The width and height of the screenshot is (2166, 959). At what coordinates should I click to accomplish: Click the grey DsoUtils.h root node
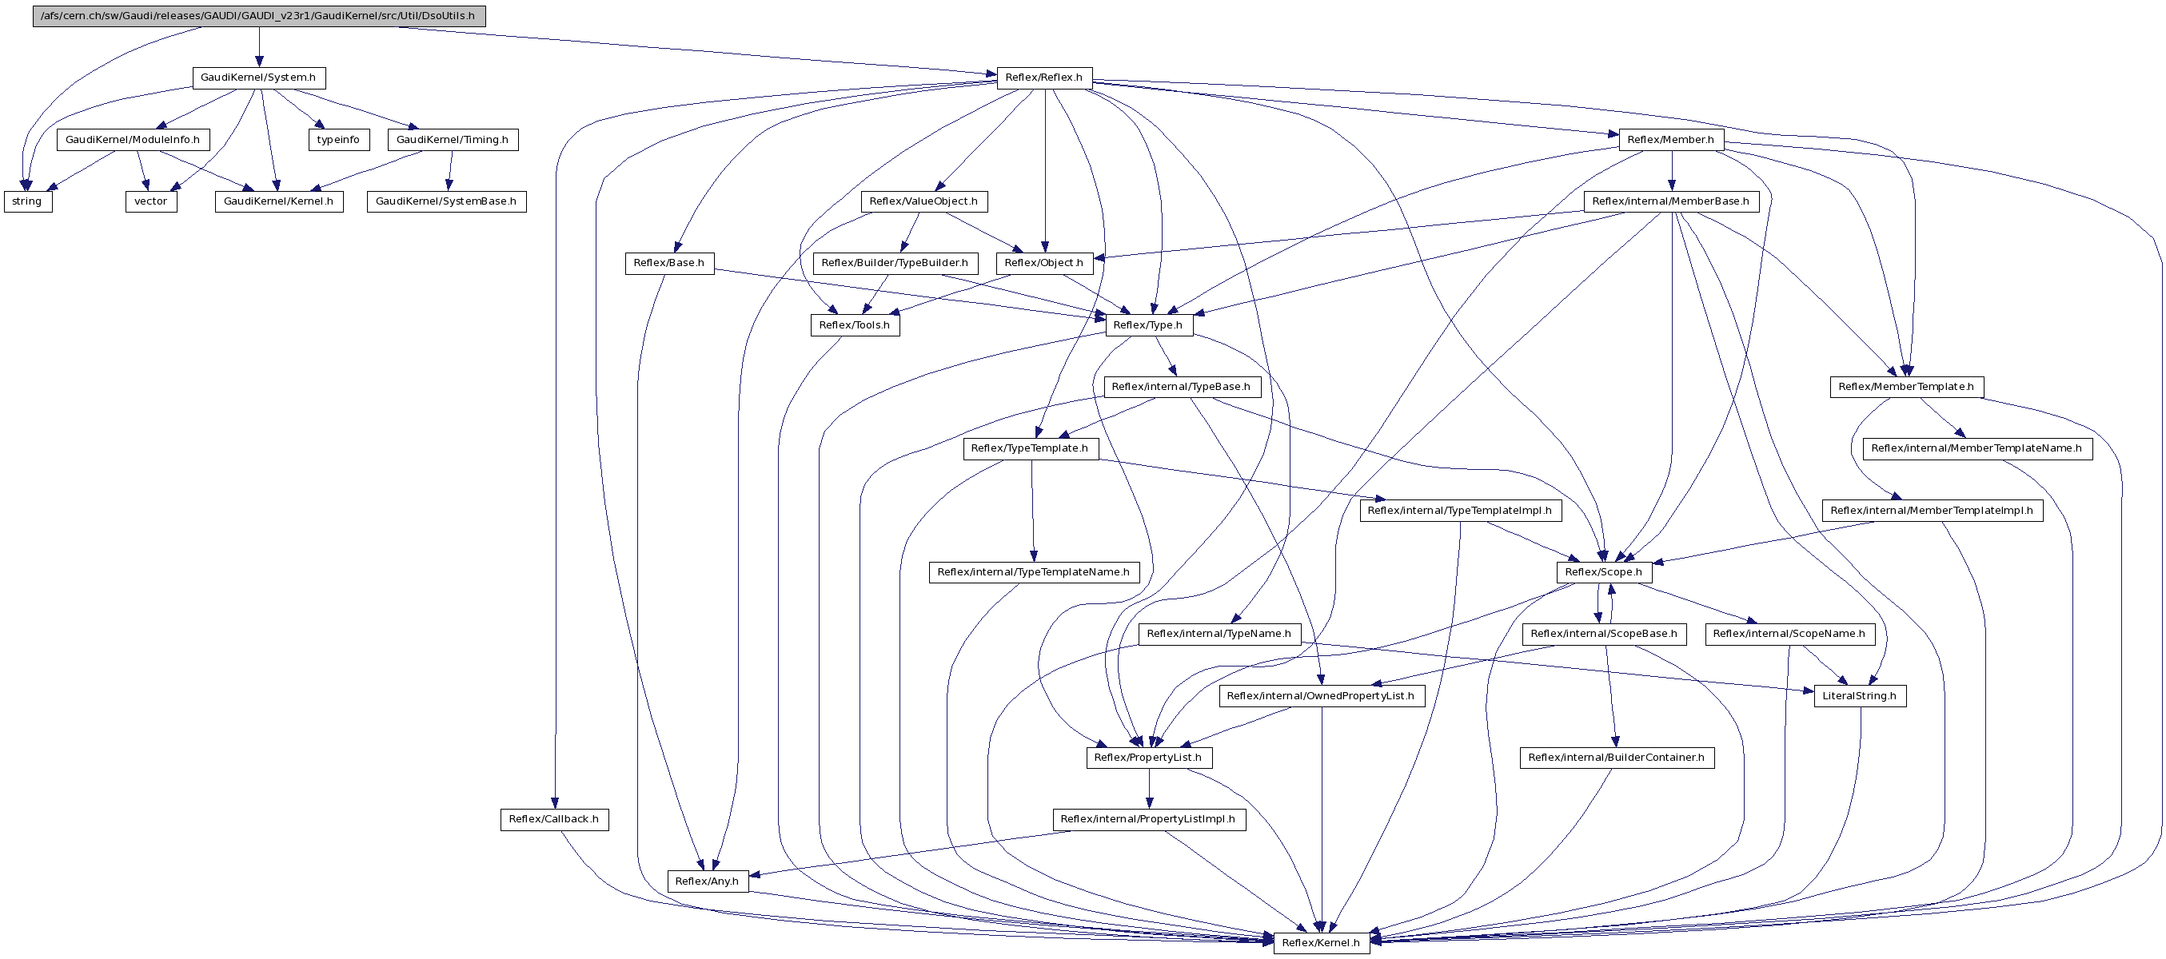(259, 16)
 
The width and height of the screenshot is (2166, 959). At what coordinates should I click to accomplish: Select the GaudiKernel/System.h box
(259, 78)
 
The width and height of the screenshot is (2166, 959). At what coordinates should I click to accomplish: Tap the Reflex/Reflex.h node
(1044, 78)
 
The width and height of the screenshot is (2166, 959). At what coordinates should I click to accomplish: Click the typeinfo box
(339, 140)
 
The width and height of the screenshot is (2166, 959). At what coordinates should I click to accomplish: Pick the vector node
(151, 201)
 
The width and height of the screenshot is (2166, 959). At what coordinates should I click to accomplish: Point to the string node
(28, 201)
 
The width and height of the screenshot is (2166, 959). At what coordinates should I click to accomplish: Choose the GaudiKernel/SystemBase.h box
(446, 201)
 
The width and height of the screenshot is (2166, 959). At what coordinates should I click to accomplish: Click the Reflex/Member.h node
(1671, 140)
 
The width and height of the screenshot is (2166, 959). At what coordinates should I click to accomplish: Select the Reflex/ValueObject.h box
(924, 201)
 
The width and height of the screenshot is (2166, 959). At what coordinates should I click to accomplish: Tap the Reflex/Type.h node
(1149, 325)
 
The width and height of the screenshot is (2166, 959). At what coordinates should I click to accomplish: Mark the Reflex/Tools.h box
(856, 325)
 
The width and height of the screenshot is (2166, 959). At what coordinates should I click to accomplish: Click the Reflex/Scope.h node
(1603, 572)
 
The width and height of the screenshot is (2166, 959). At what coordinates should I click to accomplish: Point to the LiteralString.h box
(1860, 696)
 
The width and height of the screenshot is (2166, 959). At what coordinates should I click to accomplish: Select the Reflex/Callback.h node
(554, 819)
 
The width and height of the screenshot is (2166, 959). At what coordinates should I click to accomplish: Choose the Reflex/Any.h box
(707, 881)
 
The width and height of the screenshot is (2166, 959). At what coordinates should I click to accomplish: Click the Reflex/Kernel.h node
(1321, 943)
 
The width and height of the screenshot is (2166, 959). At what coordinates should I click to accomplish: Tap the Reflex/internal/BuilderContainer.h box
(1617, 758)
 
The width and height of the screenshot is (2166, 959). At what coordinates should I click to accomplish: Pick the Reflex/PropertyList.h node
(1149, 758)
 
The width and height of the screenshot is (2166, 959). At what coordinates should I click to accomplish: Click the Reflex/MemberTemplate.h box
(1906, 387)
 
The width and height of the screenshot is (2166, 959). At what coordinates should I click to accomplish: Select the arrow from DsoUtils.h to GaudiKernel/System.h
(259, 47)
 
